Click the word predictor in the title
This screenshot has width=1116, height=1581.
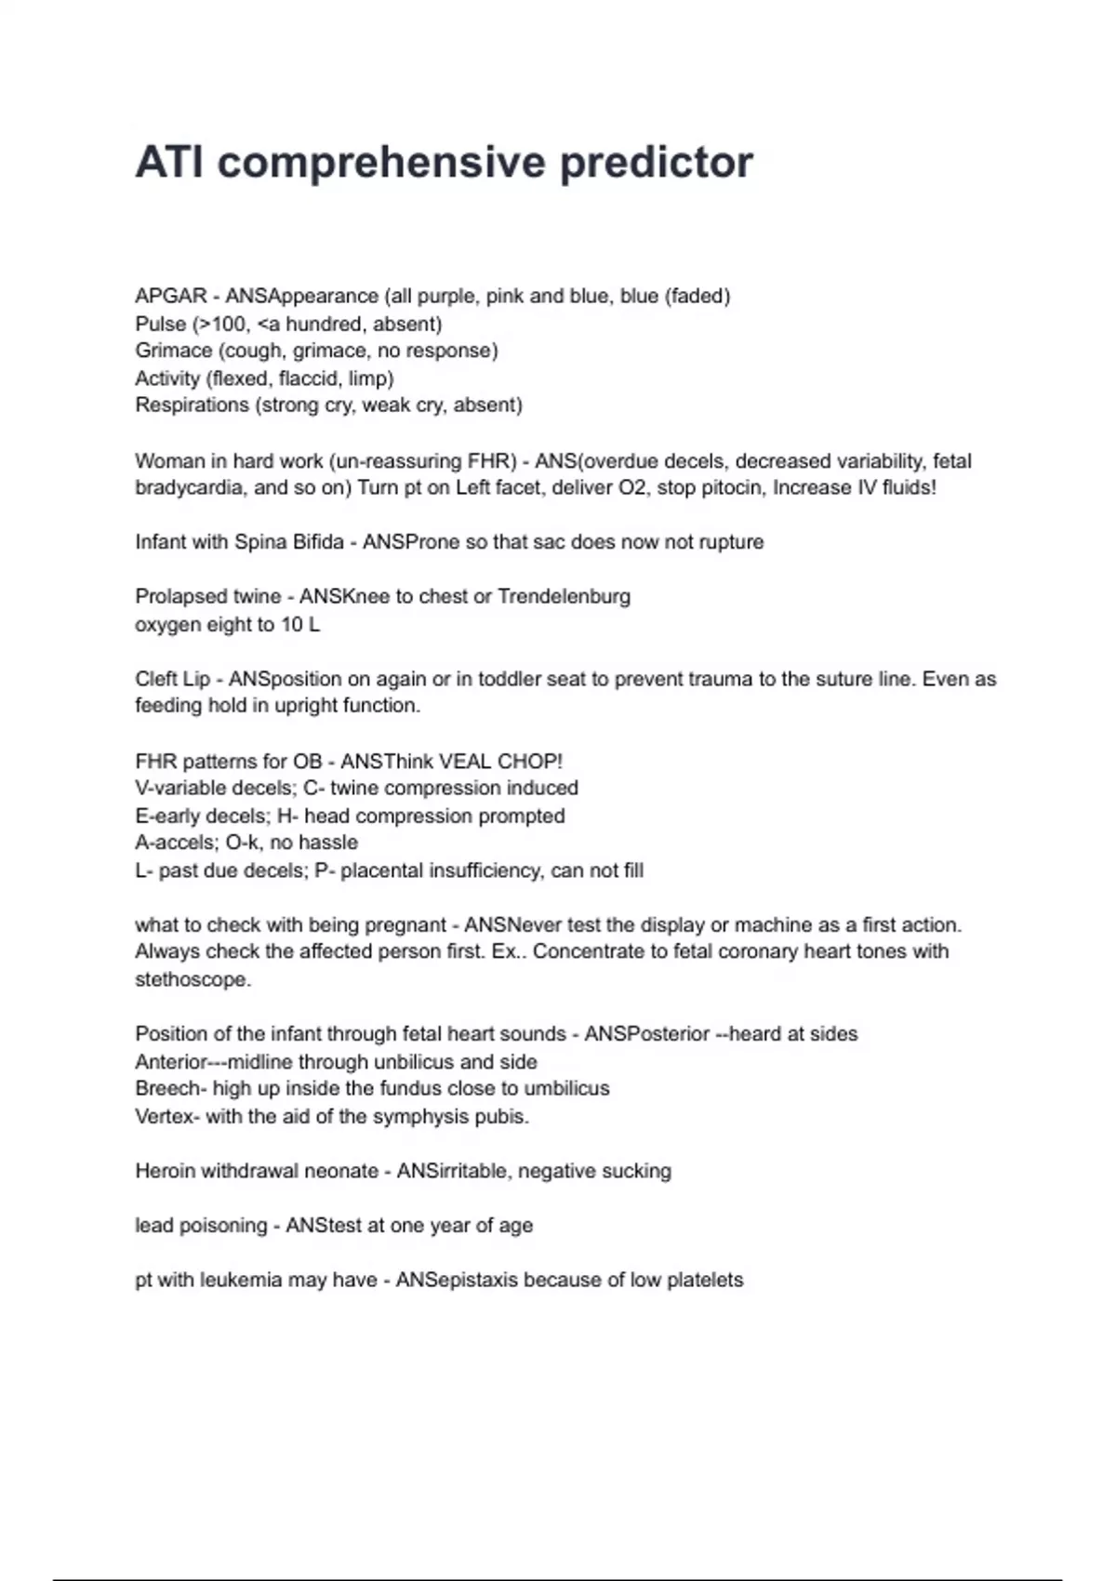[x=656, y=163]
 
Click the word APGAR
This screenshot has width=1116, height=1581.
[x=171, y=297]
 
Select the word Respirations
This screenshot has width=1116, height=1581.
[x=192, y=405]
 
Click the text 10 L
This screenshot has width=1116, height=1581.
[x=300, y=625]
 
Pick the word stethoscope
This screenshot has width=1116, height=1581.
[x=193, y=979]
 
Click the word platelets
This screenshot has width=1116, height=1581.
[x=705, y=1281]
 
